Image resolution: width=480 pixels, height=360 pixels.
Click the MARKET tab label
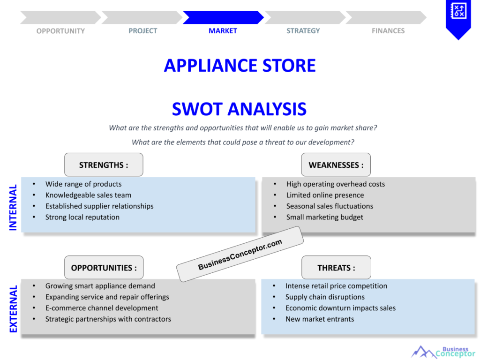[223, 31]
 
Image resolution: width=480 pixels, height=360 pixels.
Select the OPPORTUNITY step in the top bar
[60, 31]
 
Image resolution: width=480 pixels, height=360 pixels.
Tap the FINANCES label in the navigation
[388, 31]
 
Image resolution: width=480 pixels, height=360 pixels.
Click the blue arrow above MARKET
[223, 17]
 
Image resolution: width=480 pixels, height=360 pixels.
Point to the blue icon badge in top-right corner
[458, 17]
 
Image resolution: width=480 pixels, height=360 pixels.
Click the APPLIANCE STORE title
[240, 65]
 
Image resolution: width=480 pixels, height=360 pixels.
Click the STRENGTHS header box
[104, 165]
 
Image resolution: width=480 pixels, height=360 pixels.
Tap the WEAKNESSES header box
[336, 165]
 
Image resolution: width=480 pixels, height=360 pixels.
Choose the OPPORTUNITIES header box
[104, 268]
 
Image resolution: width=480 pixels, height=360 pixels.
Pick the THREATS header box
[336, 268]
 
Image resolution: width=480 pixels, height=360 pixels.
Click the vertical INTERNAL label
[13, 207]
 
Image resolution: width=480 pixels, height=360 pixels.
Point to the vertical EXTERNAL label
[13, 308]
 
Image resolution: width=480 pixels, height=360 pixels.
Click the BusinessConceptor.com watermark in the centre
[240, 254]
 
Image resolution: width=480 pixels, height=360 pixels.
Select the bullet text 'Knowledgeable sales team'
[88, 195]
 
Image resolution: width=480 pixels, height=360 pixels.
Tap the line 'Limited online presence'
[325, 195]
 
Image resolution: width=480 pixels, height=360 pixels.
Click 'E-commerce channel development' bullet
[102, 308]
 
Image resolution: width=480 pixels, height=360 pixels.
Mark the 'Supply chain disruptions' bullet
[325, 297]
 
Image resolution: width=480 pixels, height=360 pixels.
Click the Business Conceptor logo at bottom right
[443, 352]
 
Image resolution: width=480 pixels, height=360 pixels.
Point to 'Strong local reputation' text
[82, 217]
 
